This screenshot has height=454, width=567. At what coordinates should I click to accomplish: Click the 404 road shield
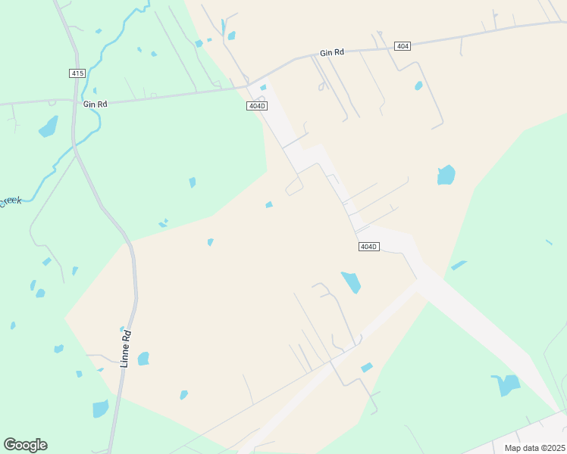[403, 46]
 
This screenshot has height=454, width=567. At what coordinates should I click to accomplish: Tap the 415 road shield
[77, 73]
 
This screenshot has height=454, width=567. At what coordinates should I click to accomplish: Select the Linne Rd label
[127, 349]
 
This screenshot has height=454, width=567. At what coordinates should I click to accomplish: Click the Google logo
[25, 445]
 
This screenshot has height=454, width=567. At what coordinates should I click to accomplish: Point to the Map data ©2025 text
[535, 448]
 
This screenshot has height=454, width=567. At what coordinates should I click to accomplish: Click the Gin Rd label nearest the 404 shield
[332, 52]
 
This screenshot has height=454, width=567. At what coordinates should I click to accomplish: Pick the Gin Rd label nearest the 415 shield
[96, 104]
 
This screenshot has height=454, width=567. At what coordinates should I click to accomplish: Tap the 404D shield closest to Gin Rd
[257, 106]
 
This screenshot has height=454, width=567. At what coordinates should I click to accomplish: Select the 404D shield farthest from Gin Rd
[368, 247]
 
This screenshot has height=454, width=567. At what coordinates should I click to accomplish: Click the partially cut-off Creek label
[10, 201]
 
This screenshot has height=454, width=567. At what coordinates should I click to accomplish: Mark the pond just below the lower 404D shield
[351, 282]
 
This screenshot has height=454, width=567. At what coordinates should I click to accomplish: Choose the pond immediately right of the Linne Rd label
[143, 358]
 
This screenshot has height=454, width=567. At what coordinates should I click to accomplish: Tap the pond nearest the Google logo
[100, 409]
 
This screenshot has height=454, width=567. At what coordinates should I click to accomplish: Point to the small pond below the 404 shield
[418, 86]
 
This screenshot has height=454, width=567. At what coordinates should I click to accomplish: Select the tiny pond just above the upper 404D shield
[263, 88]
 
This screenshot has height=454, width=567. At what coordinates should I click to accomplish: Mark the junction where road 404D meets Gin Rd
[252, 84]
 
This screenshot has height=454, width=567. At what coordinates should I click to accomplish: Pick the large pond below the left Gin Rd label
[49, 126]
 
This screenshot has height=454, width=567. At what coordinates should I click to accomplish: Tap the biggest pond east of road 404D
[446, 175]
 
